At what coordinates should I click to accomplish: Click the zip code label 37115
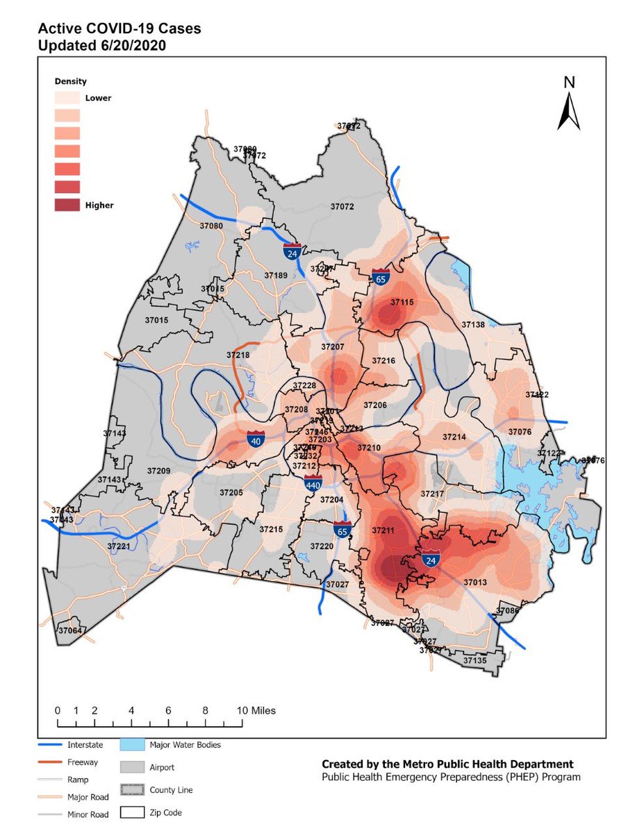click(x=402, y=303)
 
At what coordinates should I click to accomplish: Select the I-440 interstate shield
click(x=313, y=483)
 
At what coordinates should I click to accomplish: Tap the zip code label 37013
click(x=475, y=582)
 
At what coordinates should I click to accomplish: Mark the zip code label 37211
click(x=383, y=530)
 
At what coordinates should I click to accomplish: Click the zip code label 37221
click(x=119, y=547)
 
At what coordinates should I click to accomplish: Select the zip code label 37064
click(x=71, y=631)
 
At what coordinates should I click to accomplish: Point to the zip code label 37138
click(x=473, y=325)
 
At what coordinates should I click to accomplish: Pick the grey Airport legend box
click(x=133, y=768)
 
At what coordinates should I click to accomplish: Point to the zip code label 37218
click(x=238, y=355)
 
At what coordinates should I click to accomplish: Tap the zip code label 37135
click(x=475, y=661)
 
